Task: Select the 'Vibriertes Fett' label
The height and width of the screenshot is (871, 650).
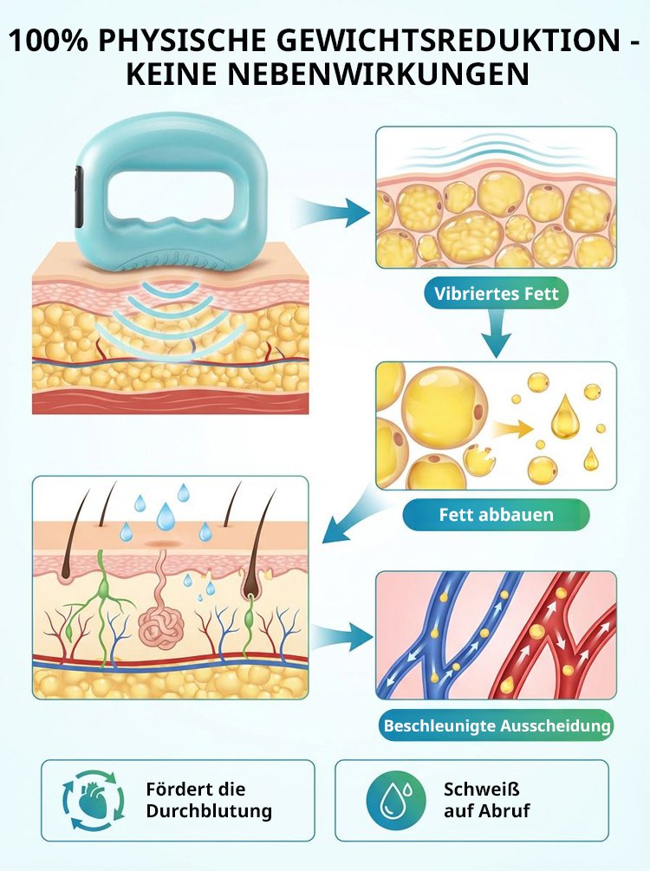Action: click(496, 293)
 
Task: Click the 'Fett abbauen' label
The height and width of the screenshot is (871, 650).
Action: click(496, 515)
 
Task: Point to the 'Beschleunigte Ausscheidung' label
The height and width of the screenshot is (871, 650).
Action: click(497, 725)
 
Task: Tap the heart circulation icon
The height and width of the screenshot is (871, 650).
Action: click(94, 801)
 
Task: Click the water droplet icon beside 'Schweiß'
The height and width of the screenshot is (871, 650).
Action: click(396, 801)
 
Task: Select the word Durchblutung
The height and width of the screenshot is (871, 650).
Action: click(209, 811)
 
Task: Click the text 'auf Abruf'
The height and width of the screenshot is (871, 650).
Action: click(487, 811)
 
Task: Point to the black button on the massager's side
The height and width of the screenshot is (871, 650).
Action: click(78, 198)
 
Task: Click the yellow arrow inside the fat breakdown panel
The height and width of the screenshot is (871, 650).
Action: click(512, 428)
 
